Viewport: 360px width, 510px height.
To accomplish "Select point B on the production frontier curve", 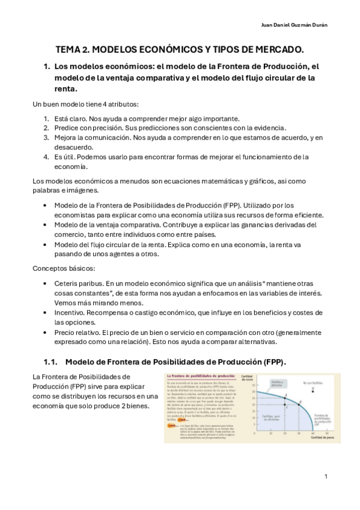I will pos(298,405).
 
